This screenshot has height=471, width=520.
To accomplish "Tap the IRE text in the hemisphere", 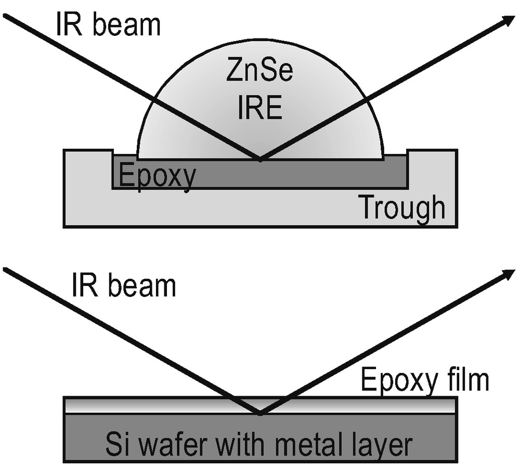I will [x=259, y=110].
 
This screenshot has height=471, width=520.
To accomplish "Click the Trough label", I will [x=402, y=207].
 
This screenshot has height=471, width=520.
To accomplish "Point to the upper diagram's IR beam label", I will [x=108, y=24].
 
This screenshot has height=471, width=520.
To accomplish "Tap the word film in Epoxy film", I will [x=467, y=380].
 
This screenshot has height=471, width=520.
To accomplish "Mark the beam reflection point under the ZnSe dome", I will [x=260, y=159].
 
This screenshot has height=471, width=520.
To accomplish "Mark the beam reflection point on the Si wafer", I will [x=260, y=413].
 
